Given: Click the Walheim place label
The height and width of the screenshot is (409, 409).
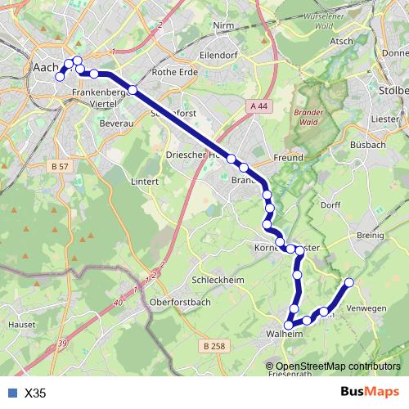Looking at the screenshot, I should click(x=285, y=334).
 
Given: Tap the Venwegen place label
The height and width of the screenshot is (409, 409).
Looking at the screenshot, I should click(x=366, y=308).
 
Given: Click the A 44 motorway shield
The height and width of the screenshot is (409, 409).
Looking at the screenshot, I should click(x=259, y=106).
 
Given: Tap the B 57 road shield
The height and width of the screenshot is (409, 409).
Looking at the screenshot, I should click(x=59, y=166).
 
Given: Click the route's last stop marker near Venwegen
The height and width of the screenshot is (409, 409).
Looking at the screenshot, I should click(x=349, y=282).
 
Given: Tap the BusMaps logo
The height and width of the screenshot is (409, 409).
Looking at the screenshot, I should click(x=369, y=392).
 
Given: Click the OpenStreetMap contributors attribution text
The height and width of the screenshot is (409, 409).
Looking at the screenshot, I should click(x=338, y=366).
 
